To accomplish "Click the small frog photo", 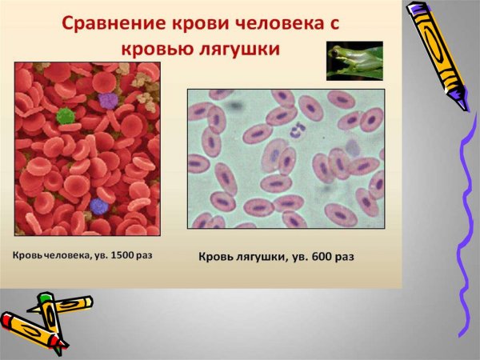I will click(x=354, y=61).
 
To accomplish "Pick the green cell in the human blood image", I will click(x=66, y=116).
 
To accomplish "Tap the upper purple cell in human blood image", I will click(x=107, y=100).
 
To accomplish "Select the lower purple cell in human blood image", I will click(x=98, y=206).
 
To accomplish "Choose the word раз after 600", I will click(x=342, y=258).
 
